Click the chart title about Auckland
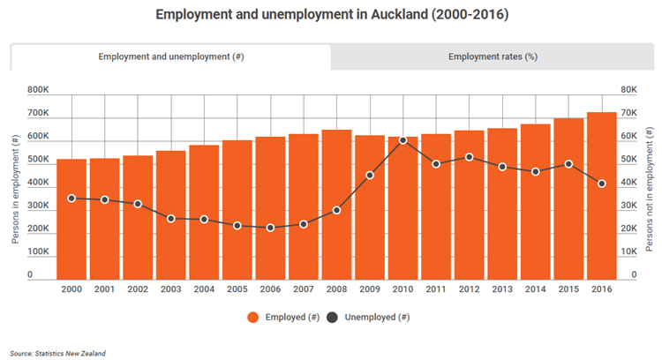(331, 15)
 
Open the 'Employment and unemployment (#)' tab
(170, 57)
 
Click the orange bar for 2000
(71, 221)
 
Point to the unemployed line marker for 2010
(402, 140)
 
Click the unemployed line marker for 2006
(270, 228)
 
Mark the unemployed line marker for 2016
(602, 184)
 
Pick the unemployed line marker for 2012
(469, 157)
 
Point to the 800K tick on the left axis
(38, 90)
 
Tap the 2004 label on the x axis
(204, 289)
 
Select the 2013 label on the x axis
(502, 289)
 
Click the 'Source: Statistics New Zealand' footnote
(58, 353)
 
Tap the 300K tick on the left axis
(38, 206)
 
